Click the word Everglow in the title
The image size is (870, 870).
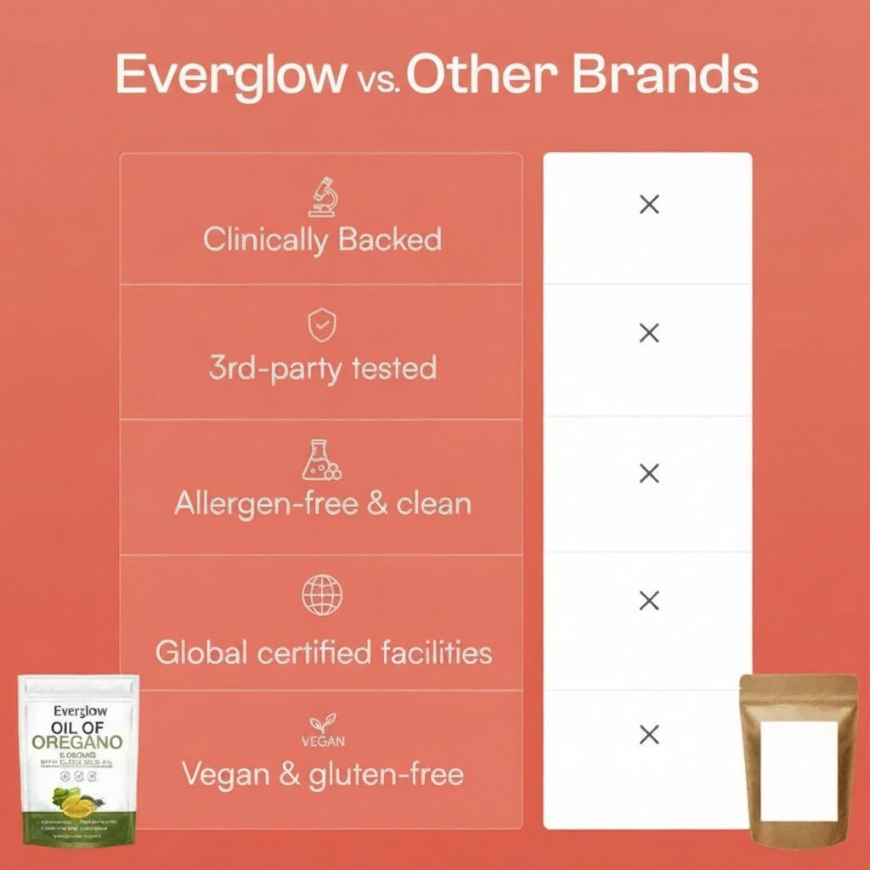click(x=227, y=76)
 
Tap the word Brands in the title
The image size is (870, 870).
click(x=664, y=76)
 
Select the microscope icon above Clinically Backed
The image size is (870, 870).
click(x=323, y=197)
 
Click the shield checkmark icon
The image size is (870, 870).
click(x=322, y=325)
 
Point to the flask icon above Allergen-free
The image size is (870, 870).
click(x=322, y=460)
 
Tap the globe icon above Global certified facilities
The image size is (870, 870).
click(x=322, y=594)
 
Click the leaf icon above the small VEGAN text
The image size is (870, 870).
click(x=322, y=723)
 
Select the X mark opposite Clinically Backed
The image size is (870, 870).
click(x=649, y=204)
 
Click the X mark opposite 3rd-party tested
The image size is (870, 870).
click(x=649, y=333)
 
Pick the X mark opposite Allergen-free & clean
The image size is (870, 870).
click(x=649, y=473)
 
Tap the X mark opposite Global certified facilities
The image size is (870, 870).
click(x=649, y=602)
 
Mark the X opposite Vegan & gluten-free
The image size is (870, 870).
click(x=649, y=735)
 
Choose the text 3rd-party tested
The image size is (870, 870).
click(x=322, y=368)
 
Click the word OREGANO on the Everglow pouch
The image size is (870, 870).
click(x=77, y=742)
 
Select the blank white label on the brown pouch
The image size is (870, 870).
click(x=799, y=771)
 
